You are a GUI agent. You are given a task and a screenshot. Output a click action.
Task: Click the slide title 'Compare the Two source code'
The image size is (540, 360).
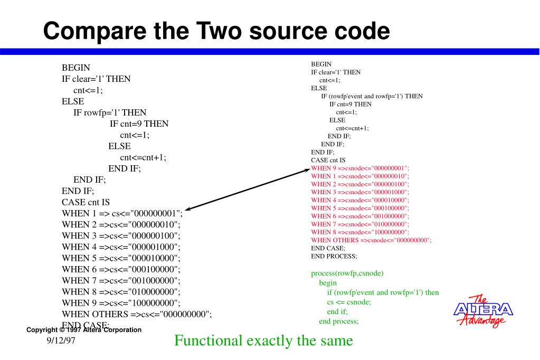216,31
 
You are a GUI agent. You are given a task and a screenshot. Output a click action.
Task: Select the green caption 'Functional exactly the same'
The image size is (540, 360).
263,340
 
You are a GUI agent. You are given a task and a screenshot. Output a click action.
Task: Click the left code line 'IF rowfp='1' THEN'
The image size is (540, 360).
110,112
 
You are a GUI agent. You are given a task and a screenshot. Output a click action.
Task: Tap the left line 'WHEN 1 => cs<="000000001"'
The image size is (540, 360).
122,213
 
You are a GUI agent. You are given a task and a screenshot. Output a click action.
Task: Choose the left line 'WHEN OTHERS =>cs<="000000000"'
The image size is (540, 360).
137,314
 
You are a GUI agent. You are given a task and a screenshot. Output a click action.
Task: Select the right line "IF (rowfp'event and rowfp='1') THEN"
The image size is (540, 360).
372,96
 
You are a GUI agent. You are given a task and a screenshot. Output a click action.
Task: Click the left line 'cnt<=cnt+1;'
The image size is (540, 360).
143,157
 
